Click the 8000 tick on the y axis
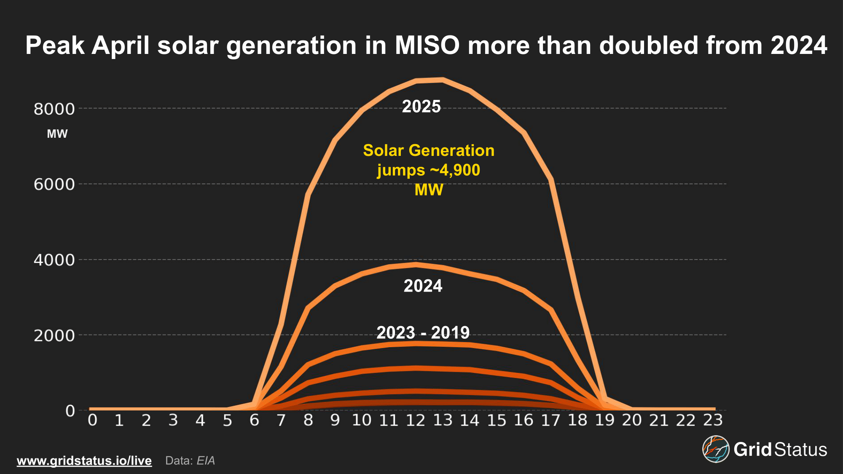(x=54, y=109)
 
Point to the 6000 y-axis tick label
(x=54, y=185)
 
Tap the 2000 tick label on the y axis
(x=54, y=336)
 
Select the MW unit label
(x=57, y=134)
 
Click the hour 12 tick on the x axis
(x=416, y=420)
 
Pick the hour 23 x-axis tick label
(x=713, y=420)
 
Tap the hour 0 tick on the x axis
(x=92, y=420)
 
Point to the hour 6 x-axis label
(x=254, y=420)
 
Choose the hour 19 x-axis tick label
(x=605, y=420)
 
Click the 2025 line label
(x=421, y=107)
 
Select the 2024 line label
(x=423, y=286)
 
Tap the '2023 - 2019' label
(x=423, y=333)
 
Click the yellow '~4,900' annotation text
(x=455, y=170)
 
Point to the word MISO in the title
(x=427, y=45)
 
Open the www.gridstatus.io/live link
(x=84, y=461)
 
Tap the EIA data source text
(x=206, y=461)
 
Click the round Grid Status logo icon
(x=716, y=449)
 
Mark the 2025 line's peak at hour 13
(x=443, y=80)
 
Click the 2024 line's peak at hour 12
(x=416, y=265)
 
